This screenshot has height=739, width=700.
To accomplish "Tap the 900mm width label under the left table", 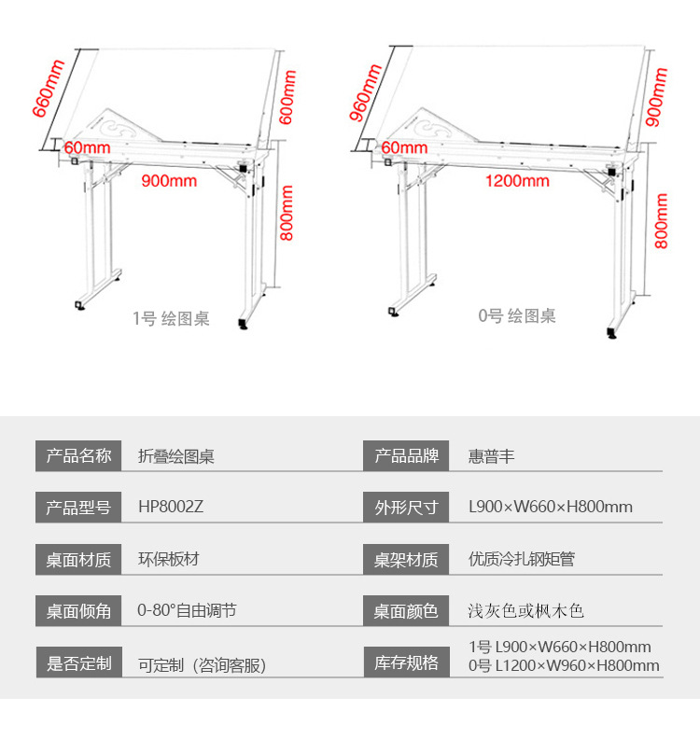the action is pyautogui.click(x=169, y=180).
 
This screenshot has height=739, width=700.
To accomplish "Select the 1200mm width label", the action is pyautogui.click(x=518, y=180).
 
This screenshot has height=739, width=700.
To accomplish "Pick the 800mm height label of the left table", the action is pyautogui.click(x=287, y=214).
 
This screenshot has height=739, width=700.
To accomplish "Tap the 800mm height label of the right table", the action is pyautogui.click(x=662, y=220).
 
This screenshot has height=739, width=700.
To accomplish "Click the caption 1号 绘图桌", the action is pyautogui.click(x=172, y=319).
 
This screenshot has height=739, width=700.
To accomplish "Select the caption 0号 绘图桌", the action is pyautogui.click(x=517, y=316).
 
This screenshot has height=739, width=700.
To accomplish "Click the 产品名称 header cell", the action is pyautogui.click(x=78, y=456).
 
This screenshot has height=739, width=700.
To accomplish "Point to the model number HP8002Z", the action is pyautogui.click(x=171, y=508).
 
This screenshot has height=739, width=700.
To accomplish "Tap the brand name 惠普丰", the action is pyautogui.click(x=491, y=456).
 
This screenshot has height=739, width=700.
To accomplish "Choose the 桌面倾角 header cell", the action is pyautogui.click(x=78, y=611).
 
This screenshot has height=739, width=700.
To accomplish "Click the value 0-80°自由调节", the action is pyautogui.click(x=187, y=611).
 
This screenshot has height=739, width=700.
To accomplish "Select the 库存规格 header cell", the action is pyautogui.click(x=406, y=663).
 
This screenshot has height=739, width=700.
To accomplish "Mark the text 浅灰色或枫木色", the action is pyautogui.click(x=525, y=611).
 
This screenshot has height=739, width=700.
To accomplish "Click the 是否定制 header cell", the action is pyautogui.click(x=78, y=663).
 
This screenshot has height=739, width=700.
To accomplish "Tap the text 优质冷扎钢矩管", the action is pyautogui.click(x=521, y=560).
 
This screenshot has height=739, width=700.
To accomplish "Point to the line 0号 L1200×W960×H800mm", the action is pyautogui.click(x=563, y=666).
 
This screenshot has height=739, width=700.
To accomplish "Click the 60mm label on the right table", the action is pyautogui.click(x=404, y=147).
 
